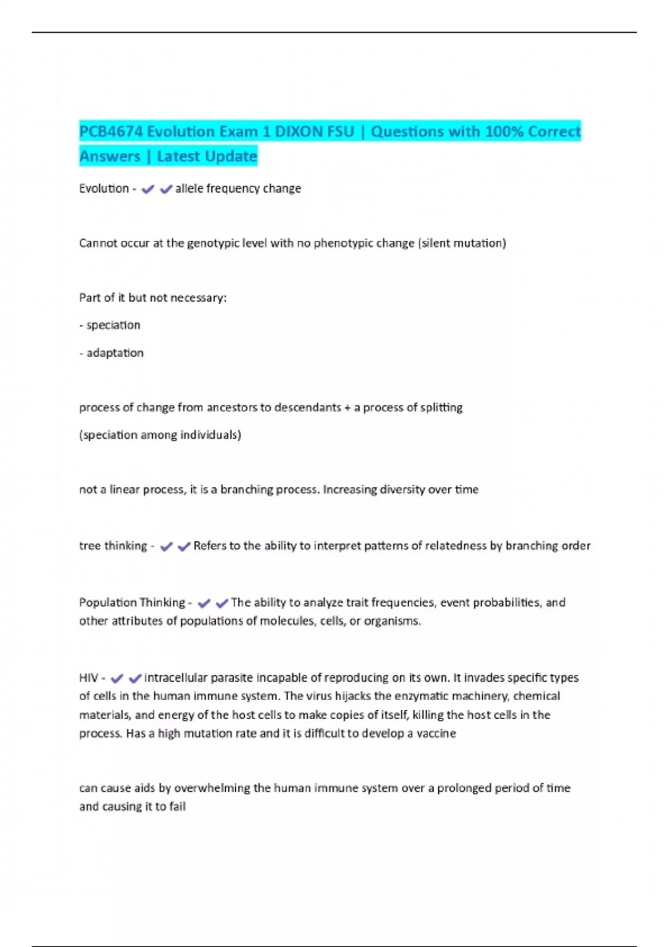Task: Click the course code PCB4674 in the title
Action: coord(111,131)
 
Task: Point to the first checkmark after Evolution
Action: coord(148,189)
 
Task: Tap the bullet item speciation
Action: coord(113,325)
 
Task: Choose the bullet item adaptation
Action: coord(115,353)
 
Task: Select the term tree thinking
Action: coord(113,546)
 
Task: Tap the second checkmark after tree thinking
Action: coord(184,547)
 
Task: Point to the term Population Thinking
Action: coord(132,603)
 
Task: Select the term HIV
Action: coord(89,678)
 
